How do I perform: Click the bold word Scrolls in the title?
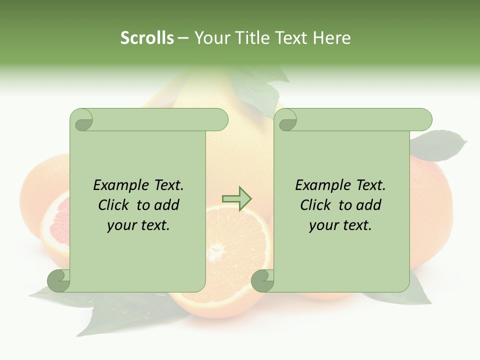click(x=147, y=38)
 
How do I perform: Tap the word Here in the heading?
click(x=331, y=38)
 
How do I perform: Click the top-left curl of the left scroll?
click(x=82, y=120)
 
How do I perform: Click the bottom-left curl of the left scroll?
click(x=59, y=280)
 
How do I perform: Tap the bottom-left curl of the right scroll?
click(x=263, y=280)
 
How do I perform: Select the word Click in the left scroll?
click(x=114, y=205)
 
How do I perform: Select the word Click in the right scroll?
click(x=316, y=205)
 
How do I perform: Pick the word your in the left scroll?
click(x=120, y=225)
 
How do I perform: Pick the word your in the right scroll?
click(x=322, y=225)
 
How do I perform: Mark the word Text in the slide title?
click(x=292, y=38)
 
